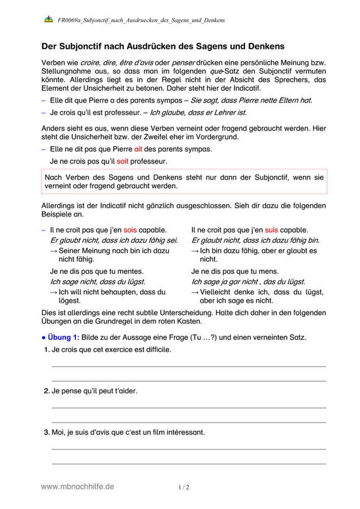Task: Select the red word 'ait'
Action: pos(138,150)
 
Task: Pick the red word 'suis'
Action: pos(272,230)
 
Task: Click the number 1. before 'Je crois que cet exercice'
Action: pos(46,349)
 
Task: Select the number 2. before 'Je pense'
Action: pos(46,391)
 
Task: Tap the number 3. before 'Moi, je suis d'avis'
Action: pos(46,433)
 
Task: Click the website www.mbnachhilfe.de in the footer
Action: pos(78,487)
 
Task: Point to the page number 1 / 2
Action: pos(184,487)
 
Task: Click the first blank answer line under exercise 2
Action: pos(189,408)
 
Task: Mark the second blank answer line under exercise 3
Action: pos(189,463)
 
